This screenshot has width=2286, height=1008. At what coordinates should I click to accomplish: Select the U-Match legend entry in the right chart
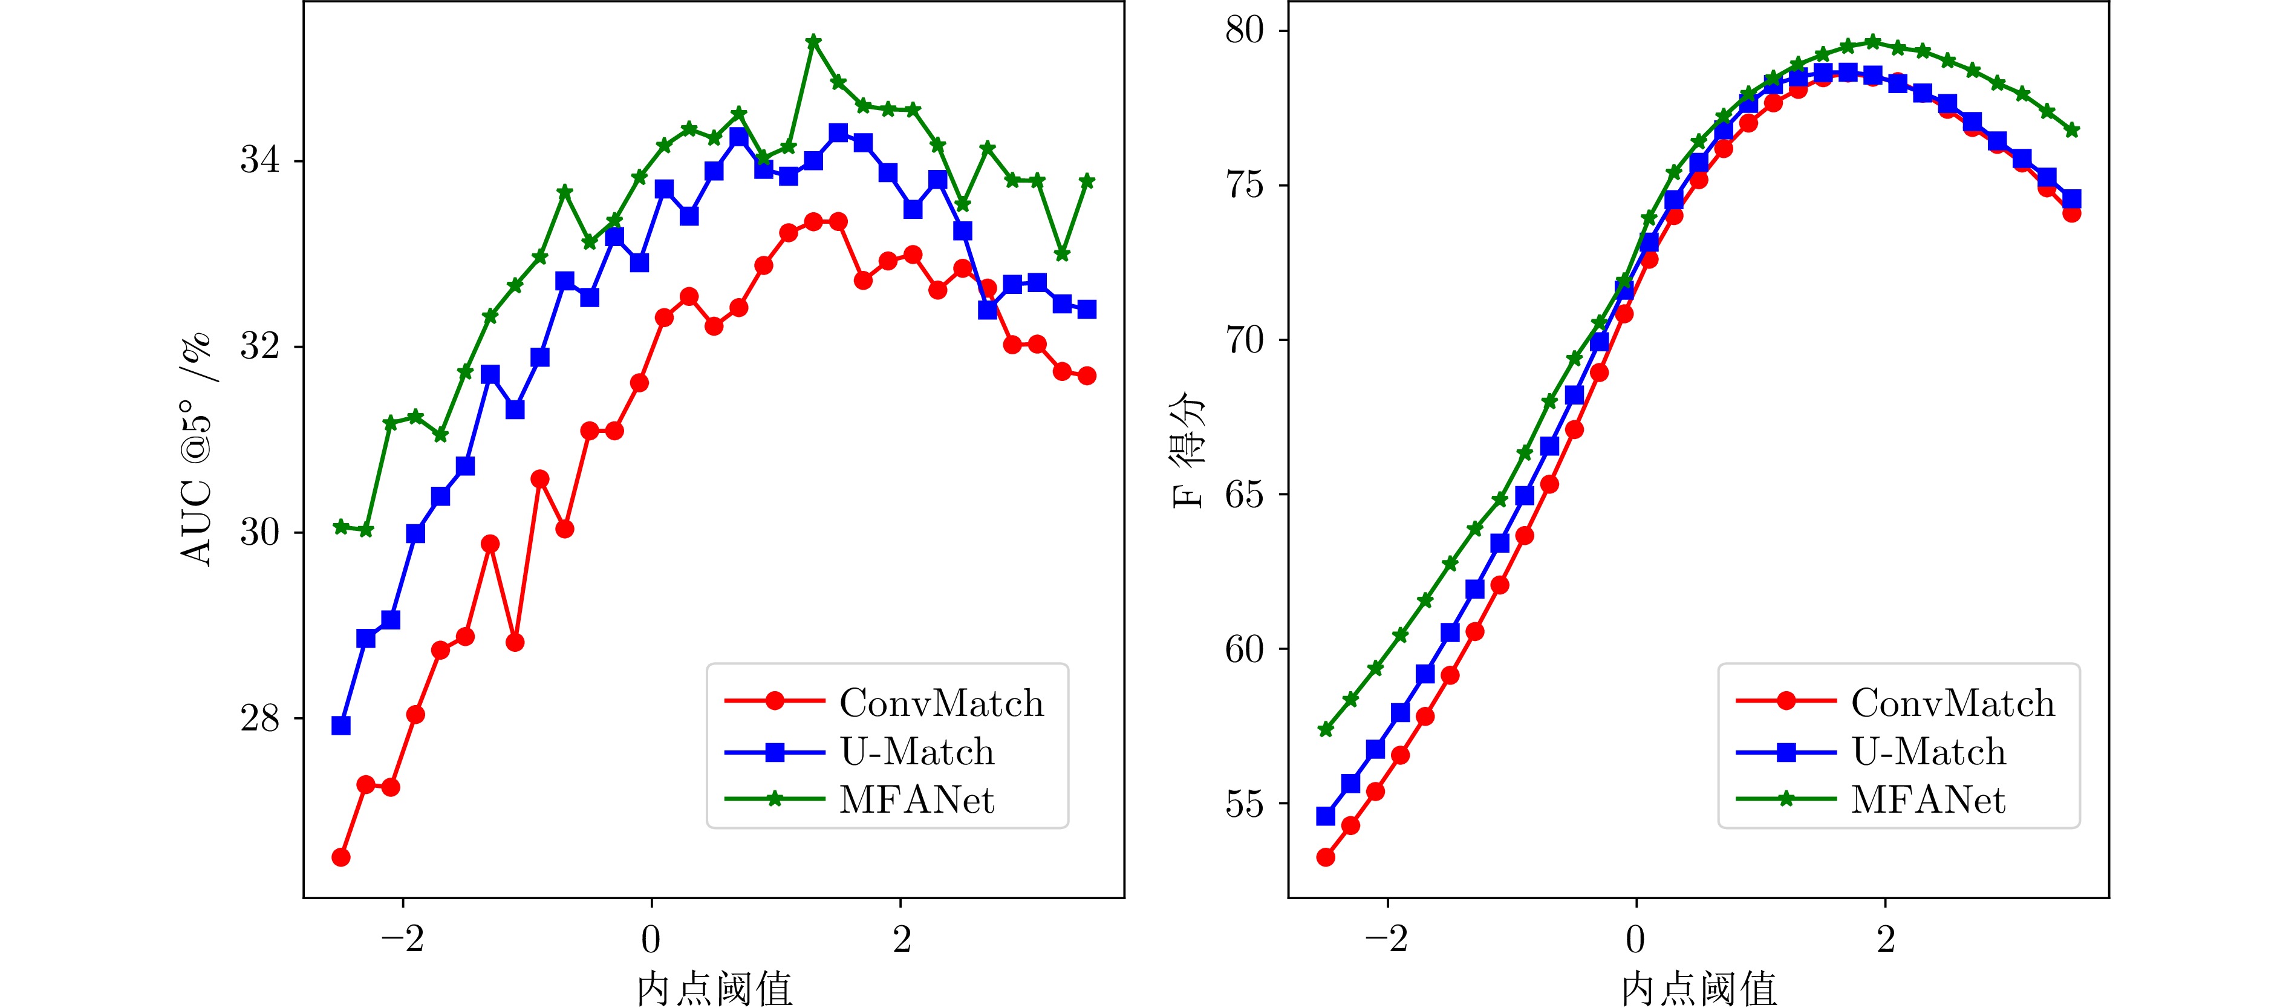[x=1927, y=752]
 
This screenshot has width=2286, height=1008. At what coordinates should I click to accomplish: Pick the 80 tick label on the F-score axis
[x=1244, y=30]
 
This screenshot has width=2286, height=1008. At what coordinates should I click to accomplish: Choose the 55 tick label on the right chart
[x=1244, y=804]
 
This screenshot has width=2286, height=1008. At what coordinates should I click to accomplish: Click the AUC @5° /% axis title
[x=196, y=449]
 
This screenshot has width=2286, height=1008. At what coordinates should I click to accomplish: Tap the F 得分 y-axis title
[x=1189, y=449]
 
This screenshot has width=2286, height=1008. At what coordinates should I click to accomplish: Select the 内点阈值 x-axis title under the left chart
[x=714, y=987]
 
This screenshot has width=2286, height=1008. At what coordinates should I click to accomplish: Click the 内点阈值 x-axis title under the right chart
[x=1699, y=987]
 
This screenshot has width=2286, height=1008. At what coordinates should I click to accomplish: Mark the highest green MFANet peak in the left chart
[x=813, y=42]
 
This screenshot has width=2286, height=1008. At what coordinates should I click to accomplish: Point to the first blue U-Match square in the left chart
[x=340, y=726]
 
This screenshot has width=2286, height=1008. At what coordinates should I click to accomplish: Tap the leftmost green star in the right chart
[x=1326, y=729]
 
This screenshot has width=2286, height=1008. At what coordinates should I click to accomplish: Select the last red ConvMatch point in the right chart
[x=2072, y=213]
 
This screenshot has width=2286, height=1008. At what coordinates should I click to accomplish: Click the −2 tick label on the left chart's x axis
[x=403, y=940]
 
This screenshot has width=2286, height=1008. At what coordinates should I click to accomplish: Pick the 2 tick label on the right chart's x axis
[x=1886, y=940]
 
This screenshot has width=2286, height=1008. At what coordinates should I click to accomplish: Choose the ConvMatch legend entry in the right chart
[x=1952, y=703]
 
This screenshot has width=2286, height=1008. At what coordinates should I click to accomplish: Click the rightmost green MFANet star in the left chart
[x=1087, y=181]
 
